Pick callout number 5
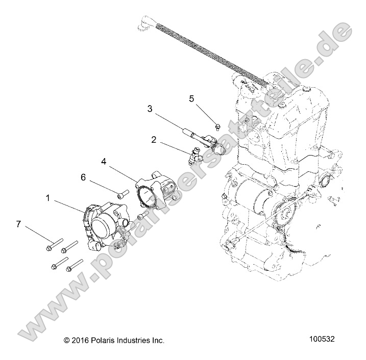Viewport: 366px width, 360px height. (191, 98)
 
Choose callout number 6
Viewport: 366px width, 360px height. (83, 177)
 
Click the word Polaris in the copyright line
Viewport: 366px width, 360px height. (109, 340)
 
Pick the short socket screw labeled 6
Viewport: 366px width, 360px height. (122, 194)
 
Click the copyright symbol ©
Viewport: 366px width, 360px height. (66, 340)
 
